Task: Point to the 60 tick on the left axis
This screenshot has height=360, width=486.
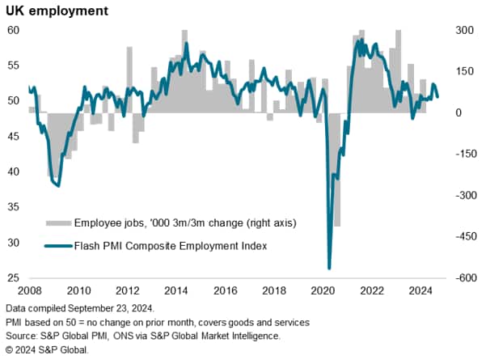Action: (14, 30)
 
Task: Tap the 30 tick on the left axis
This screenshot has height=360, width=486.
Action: (14, 243)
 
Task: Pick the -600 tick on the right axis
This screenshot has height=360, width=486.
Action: (463, 278)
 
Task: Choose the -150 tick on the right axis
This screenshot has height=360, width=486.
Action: (463, 154)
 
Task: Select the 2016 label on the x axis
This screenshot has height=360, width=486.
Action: (226, 290)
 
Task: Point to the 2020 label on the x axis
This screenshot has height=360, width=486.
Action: (323, 290)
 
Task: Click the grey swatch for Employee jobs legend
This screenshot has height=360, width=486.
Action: (57, 222)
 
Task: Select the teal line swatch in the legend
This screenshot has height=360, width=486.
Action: (57, 246)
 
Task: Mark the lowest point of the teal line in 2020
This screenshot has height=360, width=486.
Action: (329, 268)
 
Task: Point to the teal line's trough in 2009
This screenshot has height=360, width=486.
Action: (57, 186)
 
